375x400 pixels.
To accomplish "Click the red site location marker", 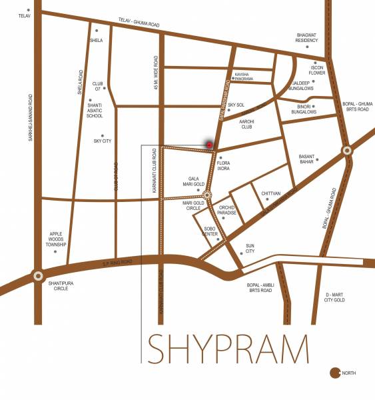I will pos(209,144).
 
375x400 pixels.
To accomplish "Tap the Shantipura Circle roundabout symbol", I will pos(38,275).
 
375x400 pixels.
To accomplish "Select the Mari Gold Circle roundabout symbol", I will pos(208,195).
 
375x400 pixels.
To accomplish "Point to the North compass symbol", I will pos(335,373).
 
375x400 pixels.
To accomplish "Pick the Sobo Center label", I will pos(210,233).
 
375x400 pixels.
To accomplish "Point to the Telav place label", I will pos(25,15).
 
